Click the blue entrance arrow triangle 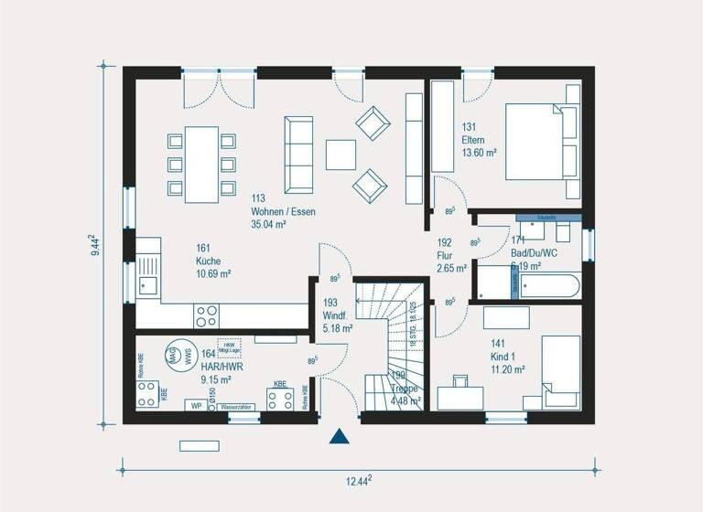pyautogui.click(x=340, y=437)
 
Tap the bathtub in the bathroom pyautogui.click(x=546, y=284)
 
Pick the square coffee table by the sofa pyautogui.click(x=341, y=154)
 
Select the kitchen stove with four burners pyautogui.click(x=206, y=315)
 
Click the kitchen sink pyautogui.click(x=148, y=285)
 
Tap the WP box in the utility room pyautogui.click(x=195, y=404)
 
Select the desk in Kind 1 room pyautogui.click(x=460, y=396)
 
